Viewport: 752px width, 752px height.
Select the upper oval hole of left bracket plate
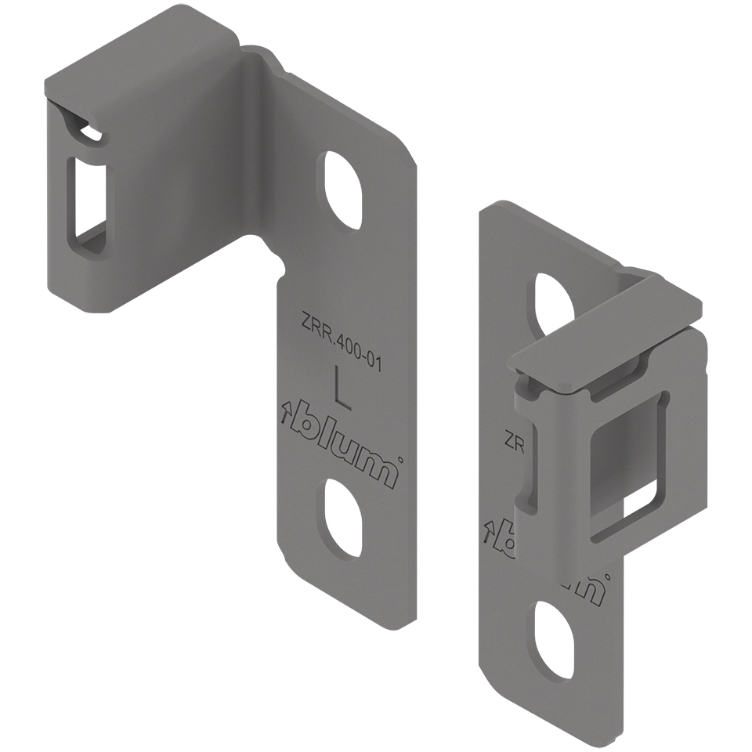[342, 189]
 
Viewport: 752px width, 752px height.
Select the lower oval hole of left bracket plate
[342, 518]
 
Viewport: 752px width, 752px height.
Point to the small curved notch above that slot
[89, 133]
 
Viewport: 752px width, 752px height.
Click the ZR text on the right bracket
[515, 440]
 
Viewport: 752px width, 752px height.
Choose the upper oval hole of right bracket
[555, 301]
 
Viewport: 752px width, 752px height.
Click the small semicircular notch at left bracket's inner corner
[276, 258]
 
